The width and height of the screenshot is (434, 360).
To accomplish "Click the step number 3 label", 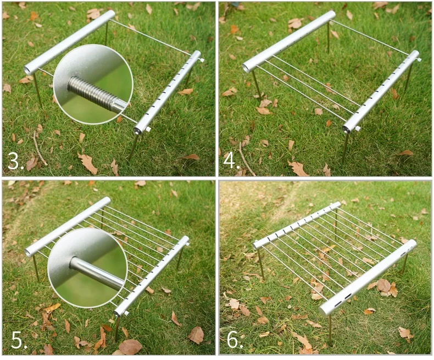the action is point(15,160).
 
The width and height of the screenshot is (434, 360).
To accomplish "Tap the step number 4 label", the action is point(231,160).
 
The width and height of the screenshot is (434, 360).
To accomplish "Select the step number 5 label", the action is point(19,340).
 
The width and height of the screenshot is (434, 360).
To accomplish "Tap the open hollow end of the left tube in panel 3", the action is point(28,70).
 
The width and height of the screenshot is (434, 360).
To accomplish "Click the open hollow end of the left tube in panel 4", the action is point(246,68).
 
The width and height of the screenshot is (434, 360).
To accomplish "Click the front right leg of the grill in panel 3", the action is point(133,147).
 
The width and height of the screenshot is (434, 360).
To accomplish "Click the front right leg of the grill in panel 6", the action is point(330,330).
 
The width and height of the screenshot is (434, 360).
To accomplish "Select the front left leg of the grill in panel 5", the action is point(36,268).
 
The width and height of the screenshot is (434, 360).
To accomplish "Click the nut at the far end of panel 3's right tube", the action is point(202,60).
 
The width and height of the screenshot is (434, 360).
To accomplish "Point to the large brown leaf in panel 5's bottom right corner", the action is point(196,335).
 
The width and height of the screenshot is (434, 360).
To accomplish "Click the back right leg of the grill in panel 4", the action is point(408,78).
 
